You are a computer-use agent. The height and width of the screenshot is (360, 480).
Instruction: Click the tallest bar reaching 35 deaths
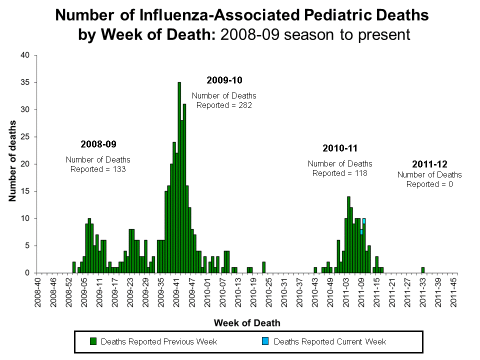point(179,177)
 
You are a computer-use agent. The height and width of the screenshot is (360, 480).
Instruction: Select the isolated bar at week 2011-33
point(422,270)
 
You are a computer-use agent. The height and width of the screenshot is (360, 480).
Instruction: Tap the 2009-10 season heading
point(224,80)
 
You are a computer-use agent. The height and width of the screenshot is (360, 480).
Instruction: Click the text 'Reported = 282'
point(224,105)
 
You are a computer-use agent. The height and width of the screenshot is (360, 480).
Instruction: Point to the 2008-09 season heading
point(98,144)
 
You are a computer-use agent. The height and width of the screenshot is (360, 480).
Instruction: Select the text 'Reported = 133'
point(98,169)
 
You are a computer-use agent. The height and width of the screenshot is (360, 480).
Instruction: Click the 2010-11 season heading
point(340,148)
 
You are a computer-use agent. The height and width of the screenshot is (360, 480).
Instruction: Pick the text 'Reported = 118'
point(340,173)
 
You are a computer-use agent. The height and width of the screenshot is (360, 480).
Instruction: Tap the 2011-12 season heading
point(429,164)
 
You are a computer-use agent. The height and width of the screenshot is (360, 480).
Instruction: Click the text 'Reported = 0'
point(429,184)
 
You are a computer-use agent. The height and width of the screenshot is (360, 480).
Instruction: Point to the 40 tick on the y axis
point(26,55)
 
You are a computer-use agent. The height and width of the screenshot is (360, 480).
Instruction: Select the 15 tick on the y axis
point(26,191)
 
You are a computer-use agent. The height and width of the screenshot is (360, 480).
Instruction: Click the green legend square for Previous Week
point(93,341)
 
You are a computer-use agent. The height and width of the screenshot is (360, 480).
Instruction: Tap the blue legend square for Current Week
point(266,341)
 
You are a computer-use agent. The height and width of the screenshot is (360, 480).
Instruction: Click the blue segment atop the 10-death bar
point(364,221)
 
